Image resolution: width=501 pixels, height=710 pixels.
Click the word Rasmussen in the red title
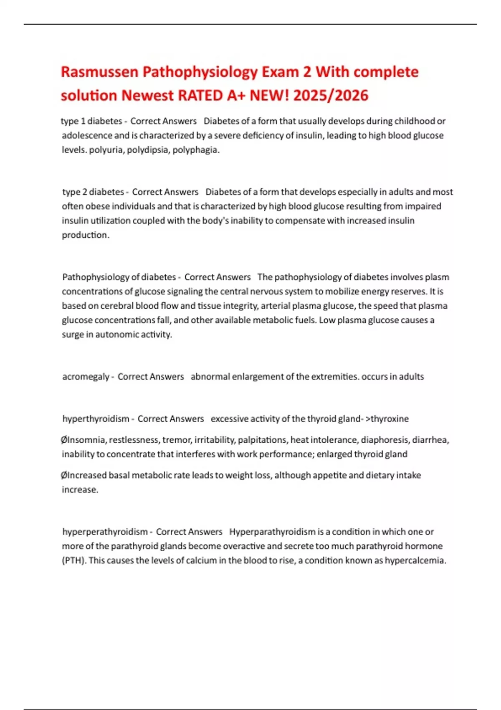point(99,72)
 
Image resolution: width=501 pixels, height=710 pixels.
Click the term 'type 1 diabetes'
point(91,121)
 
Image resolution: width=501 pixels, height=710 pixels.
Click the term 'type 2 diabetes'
point(93,192)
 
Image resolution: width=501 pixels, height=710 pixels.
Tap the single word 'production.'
point(86,235)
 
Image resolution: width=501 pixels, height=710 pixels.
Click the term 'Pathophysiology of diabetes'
point(119,277)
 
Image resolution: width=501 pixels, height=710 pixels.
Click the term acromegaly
point(86,377)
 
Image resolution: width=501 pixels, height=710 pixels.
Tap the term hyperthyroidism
point(96,419)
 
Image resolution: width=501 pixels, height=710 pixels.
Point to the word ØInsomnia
point(83,440)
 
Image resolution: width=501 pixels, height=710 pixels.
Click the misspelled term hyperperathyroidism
point(105,532)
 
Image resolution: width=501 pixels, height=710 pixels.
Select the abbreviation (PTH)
point(74,560)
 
